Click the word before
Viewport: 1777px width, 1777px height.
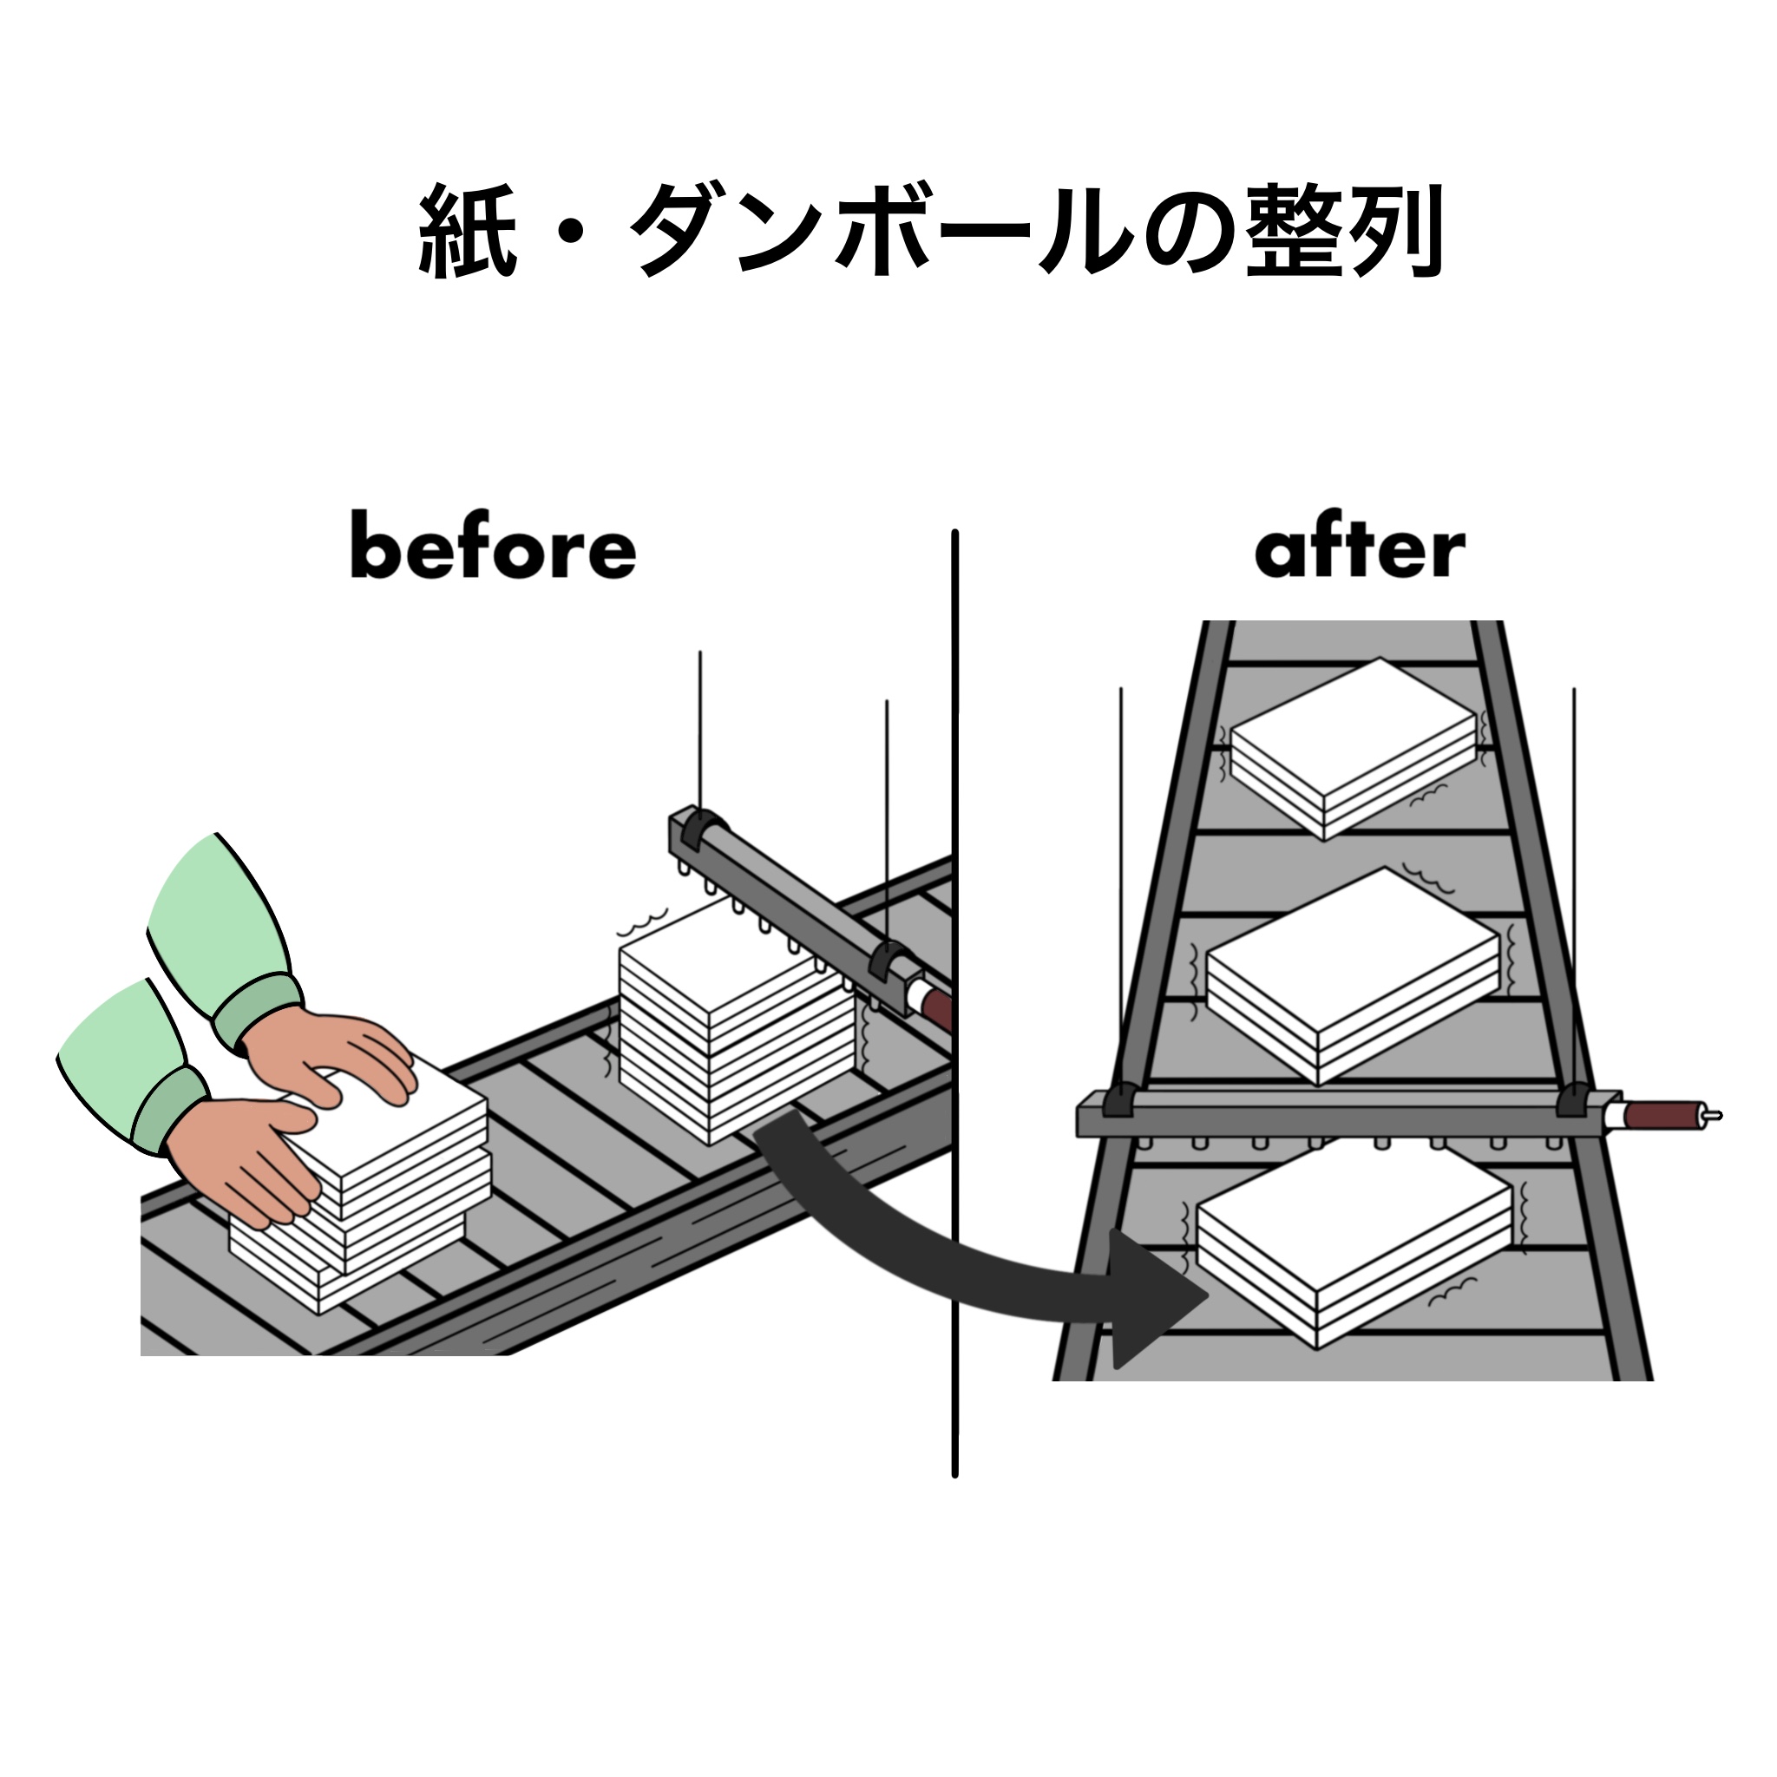point(493,548)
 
